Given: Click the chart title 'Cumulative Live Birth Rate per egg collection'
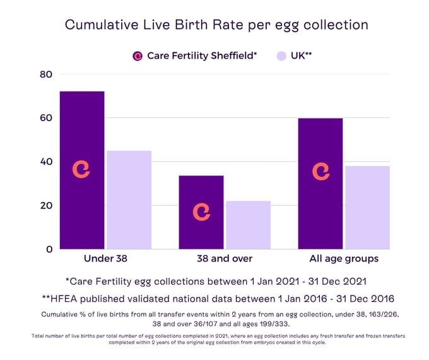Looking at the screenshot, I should (216, 25).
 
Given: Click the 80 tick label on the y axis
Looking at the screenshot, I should (46, 75).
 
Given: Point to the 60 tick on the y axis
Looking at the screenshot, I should (46, 118).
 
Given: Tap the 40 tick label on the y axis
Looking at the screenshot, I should (46, 162).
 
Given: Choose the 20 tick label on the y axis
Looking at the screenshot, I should (46, 205).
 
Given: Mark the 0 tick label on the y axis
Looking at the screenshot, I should (49, 249).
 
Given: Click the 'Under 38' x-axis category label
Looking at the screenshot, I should (105, 259).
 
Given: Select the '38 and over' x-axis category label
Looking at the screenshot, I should (225, 259).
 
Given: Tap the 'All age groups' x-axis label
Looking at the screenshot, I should (344, 259).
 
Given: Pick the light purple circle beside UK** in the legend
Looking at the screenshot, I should (282, 56).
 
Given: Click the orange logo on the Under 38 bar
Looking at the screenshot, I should (81, 169).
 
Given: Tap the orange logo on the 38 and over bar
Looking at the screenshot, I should (201, 212).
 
